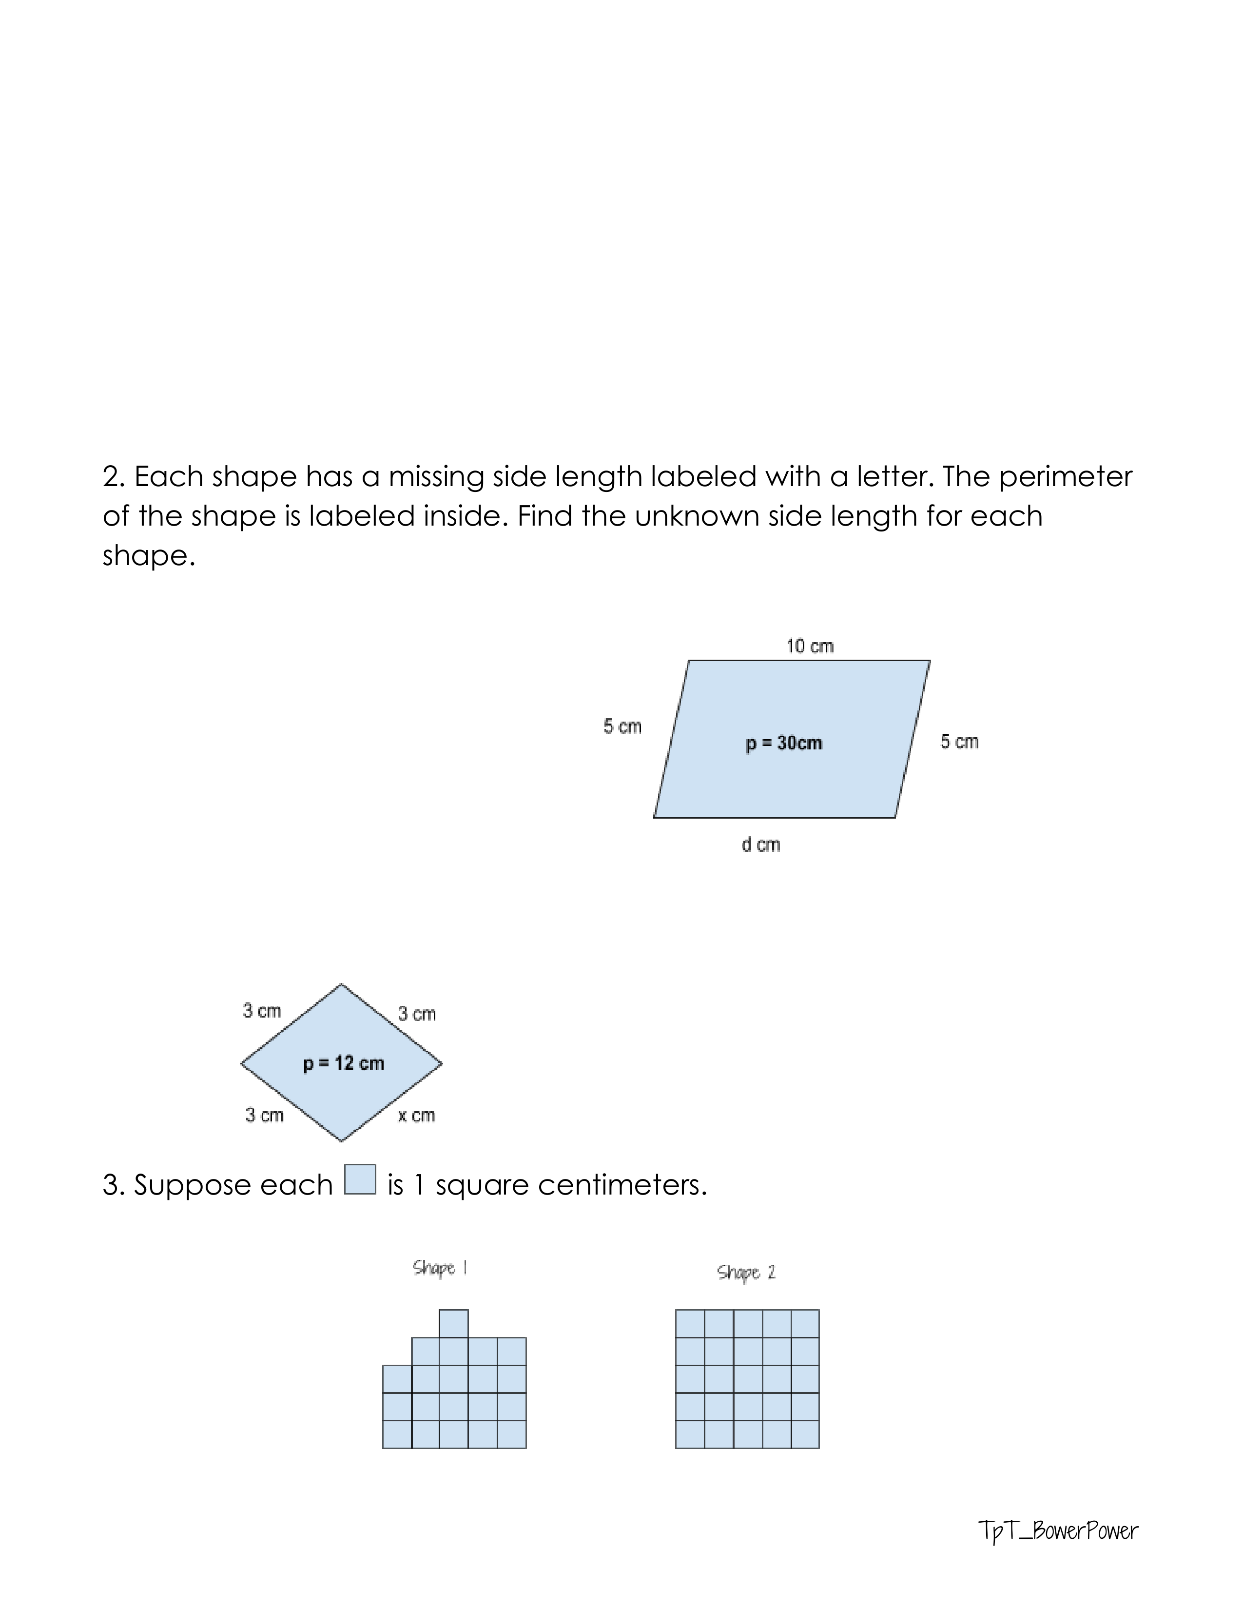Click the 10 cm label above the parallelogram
(809, 646)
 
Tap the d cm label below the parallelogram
(760, 844)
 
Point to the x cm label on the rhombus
(416, 1116)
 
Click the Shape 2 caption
(746, 1272)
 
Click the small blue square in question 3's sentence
(360, 1179)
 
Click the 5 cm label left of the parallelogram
(622, 726)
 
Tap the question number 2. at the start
(114, 477)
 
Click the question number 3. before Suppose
(114, 1185)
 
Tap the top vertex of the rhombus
(341, 984)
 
